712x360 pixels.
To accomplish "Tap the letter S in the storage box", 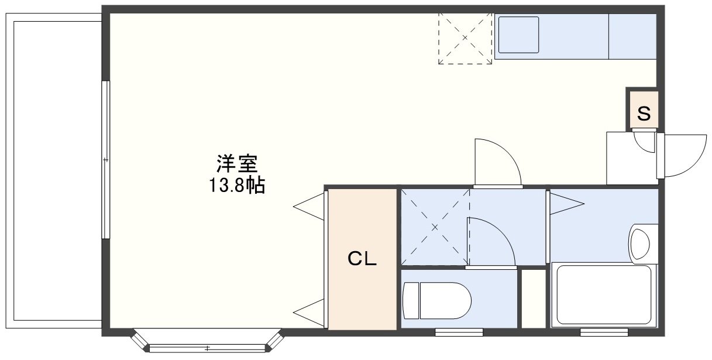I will (x=644, y=114).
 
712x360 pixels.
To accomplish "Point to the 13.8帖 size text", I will (x=237, y=186).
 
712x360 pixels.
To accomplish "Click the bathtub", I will (x=604, y=295).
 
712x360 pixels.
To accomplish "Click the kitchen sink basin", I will (x=518, y=35).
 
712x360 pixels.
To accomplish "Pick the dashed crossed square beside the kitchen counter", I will (x=465, y=39).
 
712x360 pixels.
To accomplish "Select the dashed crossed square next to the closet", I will (x=435, y=226).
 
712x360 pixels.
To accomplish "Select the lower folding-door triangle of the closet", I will (x=309, y=312).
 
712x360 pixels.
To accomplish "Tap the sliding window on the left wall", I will (x=105, y=160).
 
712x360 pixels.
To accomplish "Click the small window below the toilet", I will (x=459, y=332).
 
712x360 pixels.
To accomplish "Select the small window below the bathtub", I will (x=604, y=332).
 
